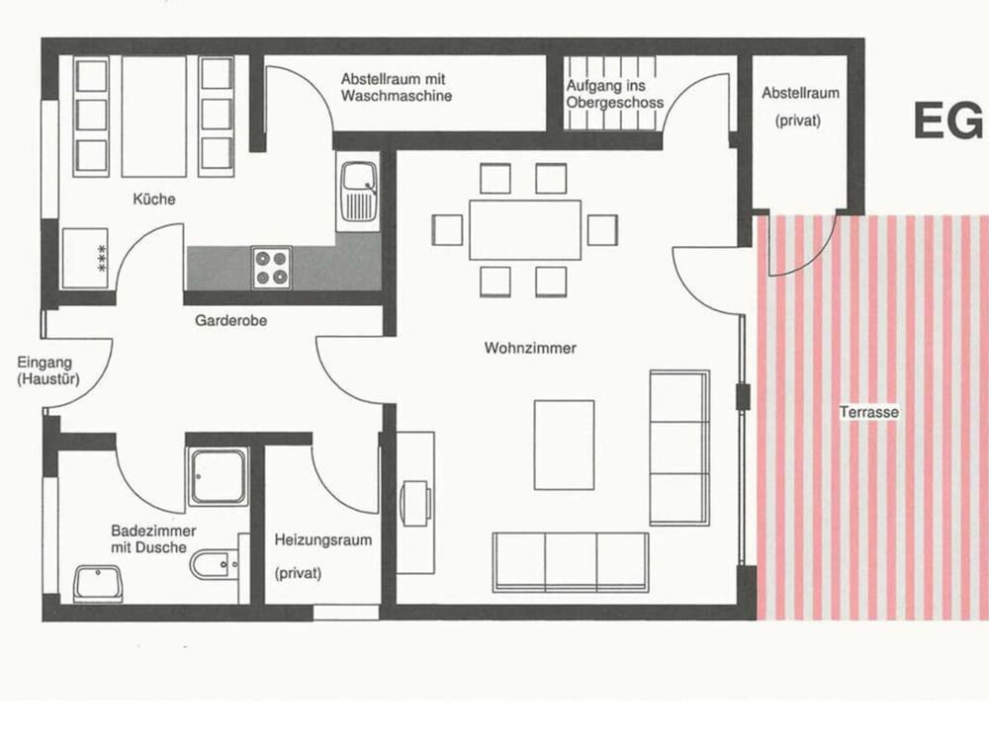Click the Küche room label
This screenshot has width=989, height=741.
(154, 200)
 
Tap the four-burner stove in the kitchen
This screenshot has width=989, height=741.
(272, 268)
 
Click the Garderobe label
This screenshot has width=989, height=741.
(230, 321)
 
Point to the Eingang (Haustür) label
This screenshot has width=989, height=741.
(47, 370)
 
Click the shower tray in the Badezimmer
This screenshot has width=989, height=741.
(218, 477)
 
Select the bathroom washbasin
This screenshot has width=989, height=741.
(98, 583)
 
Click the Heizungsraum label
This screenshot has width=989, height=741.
(323, 540)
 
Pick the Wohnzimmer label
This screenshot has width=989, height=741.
(530, 348)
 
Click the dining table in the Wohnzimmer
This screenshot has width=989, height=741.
(525, 230)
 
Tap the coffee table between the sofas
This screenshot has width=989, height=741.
(564, 445)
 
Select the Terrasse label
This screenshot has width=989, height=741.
(869, 412)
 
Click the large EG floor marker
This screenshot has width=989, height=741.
(948, 121)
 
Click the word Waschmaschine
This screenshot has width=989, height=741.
(397, 97)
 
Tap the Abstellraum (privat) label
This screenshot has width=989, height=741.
(800, 107)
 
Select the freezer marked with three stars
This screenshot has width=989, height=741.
(85, 258)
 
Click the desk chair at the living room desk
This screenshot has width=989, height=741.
(416, 502)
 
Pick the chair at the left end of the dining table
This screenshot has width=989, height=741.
(447, 230)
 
